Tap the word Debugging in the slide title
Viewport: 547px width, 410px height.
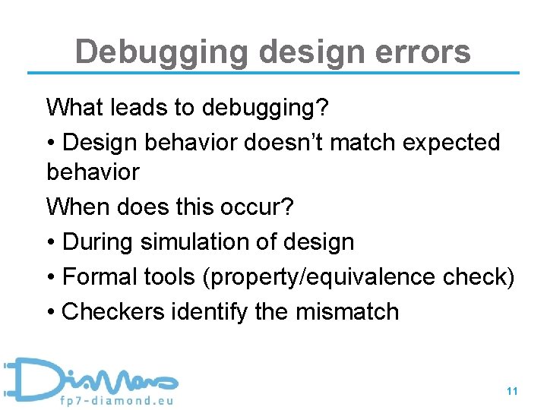pos(162,52)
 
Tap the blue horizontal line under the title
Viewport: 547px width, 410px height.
pos(273,74)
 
